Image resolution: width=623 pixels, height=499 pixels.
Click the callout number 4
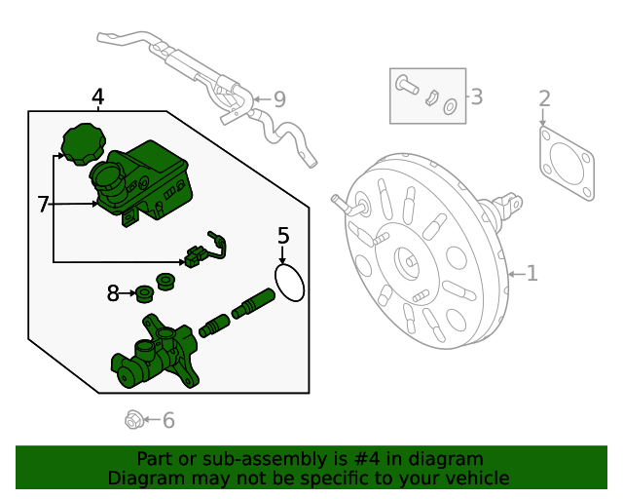(97, 96)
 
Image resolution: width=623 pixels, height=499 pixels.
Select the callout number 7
(43, 204)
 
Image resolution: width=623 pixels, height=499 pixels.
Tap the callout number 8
(113, 292)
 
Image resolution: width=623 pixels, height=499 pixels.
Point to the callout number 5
(283, 235)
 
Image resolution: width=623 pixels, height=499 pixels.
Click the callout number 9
(279, 98)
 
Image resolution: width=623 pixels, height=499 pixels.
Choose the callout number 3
(476, 96)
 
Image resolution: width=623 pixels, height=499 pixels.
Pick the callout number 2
(544, 97)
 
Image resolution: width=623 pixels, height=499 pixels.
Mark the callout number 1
(531, 273)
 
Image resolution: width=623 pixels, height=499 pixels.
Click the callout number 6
(168, 420)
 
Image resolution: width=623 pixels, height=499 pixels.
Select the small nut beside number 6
(133, 420)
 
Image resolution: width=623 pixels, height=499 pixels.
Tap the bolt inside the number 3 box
(406, 86)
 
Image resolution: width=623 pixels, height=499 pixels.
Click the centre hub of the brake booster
(408, 261)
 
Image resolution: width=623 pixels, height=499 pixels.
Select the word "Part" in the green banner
(155, 458)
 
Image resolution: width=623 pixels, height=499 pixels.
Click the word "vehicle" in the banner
(477, 478)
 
